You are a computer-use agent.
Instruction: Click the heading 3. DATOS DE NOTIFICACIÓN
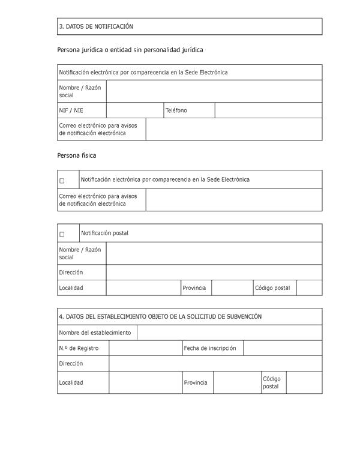click(x=96, y=26)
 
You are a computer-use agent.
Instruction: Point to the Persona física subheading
click(x=77, y=155)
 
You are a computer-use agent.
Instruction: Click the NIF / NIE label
click(x=71, y=110)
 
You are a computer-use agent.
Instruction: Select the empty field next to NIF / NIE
click(x=134, y=110)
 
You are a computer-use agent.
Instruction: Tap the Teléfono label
click(x=176, y=110)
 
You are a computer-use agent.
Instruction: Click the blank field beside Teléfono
click(x=268, y=110)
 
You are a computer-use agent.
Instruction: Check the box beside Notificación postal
click(x=62, y=234)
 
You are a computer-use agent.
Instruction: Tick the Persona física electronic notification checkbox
click(x=62, y=180)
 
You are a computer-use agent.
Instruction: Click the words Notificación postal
click(x=104, y=233)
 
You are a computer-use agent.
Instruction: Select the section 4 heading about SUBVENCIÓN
click(x=160, y=316)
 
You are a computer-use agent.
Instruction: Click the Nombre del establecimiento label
click(x=95, y=333)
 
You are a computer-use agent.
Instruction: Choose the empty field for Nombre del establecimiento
click(x=229, y=333)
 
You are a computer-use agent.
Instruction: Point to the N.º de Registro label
click(x=79, y=348)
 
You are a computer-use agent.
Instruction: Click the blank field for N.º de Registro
click(x=145, y=348)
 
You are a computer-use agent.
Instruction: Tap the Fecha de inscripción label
click(x=210, y=348)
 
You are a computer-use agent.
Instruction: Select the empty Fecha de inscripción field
click(x=283, y=348)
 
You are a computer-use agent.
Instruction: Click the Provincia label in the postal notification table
click(x=194, y=288)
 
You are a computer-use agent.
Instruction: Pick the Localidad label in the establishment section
click(x=71, y=382)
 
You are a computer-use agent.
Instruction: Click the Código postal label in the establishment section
click(x=271, y=382)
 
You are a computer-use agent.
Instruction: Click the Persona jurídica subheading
click(x=134, y=50)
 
